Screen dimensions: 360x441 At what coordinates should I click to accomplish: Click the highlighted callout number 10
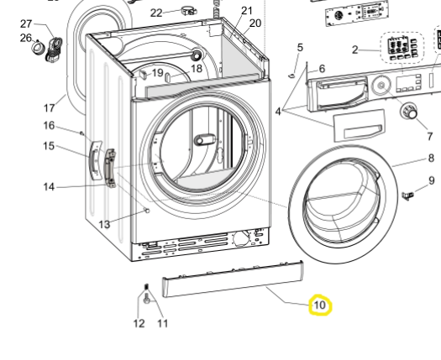[x=320, y=305]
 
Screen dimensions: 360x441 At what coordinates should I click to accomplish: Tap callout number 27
[x=26, y=23]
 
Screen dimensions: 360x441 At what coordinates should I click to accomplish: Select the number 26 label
[x=26, y=38]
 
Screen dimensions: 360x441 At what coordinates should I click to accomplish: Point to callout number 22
[x=157, y=13]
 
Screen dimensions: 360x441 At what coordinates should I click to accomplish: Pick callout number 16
[x=50, y=126]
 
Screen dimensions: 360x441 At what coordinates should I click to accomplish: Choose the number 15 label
[x=50, y=146]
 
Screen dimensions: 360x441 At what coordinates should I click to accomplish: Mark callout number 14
[x=50, y=186]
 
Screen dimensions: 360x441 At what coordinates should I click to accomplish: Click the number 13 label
[x=104, y=224]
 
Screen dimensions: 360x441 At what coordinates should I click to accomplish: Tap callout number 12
[x=139, y=323]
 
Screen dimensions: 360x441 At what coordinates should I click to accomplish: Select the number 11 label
[x=162, y=323]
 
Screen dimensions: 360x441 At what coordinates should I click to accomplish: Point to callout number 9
[x=431, y=180]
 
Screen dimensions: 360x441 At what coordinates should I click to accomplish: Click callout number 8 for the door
[x=431, y=158]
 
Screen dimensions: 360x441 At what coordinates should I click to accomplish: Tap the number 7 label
[x=429, y=136]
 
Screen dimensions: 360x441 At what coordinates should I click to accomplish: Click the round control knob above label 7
[x=411, y=112]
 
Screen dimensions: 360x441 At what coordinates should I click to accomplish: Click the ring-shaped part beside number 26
[x=39, y=52]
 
